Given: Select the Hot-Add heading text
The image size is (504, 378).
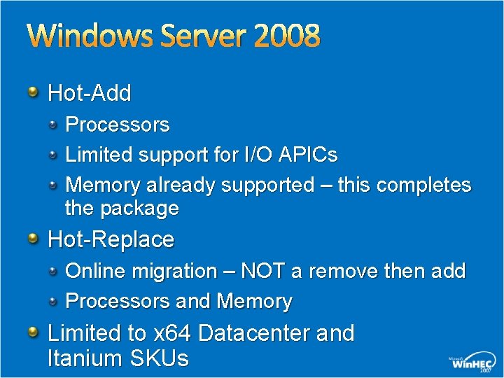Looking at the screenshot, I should click(x=90, y=92).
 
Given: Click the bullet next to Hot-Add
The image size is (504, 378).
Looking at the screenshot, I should click(x=33, y=91).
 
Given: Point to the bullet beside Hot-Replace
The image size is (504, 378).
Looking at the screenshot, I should click(x=33, y=239).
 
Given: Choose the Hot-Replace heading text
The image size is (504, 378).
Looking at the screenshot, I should click(x=111, y=240).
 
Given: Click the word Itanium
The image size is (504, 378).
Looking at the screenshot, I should click(x=85, y=358).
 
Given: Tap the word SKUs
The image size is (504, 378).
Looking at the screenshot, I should click(x=160, y=358).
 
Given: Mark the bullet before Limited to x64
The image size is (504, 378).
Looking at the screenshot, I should click(x=33, y=332).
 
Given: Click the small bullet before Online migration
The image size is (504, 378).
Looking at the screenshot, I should click(x=54, y=270).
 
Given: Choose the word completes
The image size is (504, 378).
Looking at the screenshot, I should click(x=423, y=185).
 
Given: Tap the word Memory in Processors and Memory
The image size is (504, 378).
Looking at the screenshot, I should click(x=255, y=302).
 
